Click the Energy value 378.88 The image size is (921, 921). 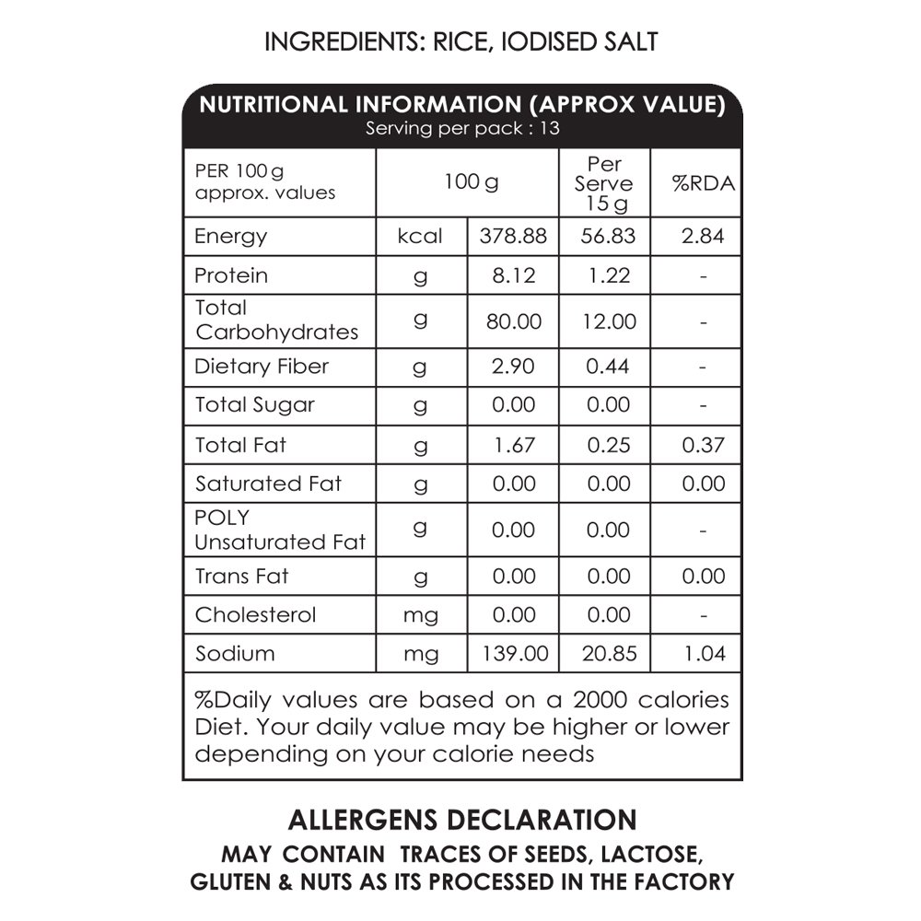pyautogui.click(x=514, y=236)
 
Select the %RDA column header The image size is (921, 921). pyautogui.click(x=704, y=183)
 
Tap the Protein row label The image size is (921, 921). pyautogui.click(x=231, y=275)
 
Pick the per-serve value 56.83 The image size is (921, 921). pyautogui.click(x=608, y=236)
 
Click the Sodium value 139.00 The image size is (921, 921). pyautogui.click(x=514, y=654)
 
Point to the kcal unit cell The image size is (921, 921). pyautogui.click(x=420, y=236)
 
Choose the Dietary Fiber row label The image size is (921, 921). pyautogui.click(x=262, y=367)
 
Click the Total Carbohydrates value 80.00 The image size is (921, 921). pyautogui.click(x=514, y=321)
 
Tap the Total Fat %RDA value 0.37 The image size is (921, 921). pyautogui.click(x=704, y=445)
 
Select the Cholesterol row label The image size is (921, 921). pyautogui.click(x=255, y=614)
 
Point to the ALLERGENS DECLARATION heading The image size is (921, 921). pyautogui.click(x=462, y=820)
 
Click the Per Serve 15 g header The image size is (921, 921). pyautogui.click(x=604, y=183)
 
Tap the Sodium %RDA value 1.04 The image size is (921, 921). pyautogui.click(x=704, y=654)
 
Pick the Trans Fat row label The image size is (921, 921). pyautogui.click(x=241, y=577)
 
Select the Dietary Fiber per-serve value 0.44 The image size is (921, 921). pyautogui.click(x=608, y=367)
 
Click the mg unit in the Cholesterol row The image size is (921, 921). pyautogui.click(x=421, y=615)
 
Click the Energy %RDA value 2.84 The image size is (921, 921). pyautogui.click(x=704, y=236)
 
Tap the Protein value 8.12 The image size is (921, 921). pyautogui.click(x=514, y=275)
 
